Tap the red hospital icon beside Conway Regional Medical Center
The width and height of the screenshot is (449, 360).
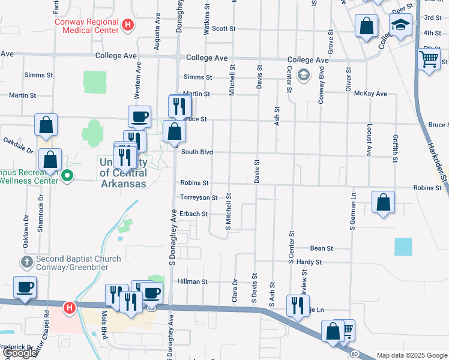(127, 25)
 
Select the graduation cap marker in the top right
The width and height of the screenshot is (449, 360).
(400, 26)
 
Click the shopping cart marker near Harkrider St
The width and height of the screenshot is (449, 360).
(429, 59)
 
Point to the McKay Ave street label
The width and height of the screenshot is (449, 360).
(370, 94)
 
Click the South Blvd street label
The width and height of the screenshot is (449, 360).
(197, 152)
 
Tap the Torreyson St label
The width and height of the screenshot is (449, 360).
(199, 197)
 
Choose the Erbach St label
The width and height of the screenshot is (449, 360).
(193, 214)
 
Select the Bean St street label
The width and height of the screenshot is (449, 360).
(321, 248)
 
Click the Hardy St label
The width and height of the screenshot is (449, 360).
(310, 262)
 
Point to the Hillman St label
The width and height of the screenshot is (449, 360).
(192, 281)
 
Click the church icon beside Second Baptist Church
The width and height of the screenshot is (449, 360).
(26, 262)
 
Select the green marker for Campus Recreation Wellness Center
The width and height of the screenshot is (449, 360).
(67, 176)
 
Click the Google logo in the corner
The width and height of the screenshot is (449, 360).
(20, 353)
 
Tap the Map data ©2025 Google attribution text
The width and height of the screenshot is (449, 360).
(411, 355)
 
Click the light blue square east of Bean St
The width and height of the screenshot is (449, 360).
(403, 247)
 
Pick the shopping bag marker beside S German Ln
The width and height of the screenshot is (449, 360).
(383, 203)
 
